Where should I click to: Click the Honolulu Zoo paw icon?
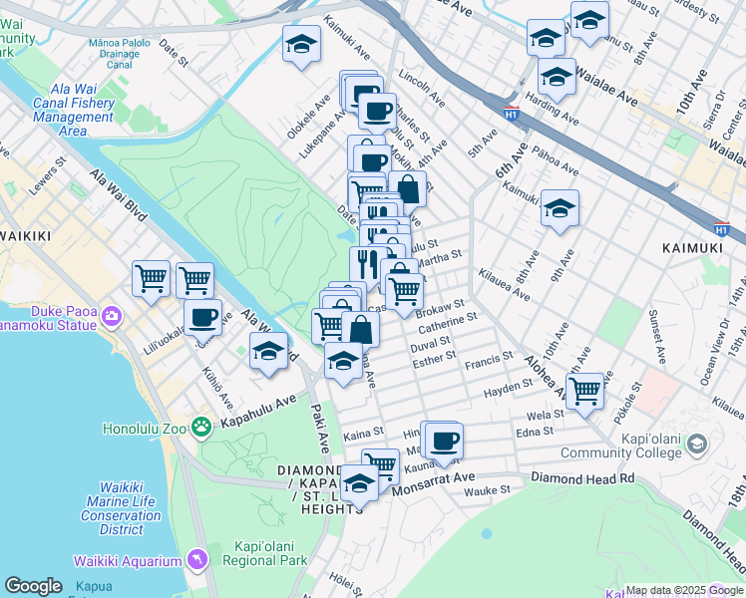pos(202,427)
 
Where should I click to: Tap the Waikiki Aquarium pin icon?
pos(196,562)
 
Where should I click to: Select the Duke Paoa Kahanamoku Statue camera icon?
pos(111,316)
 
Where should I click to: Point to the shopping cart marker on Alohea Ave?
pos(583,390)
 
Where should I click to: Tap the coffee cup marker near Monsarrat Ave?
pos(445,439)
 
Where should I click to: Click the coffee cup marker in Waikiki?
pos(202,317)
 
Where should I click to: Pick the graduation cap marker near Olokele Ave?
pos(301,44)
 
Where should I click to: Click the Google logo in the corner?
pos(33,586)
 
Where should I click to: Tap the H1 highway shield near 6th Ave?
pos(512,112)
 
